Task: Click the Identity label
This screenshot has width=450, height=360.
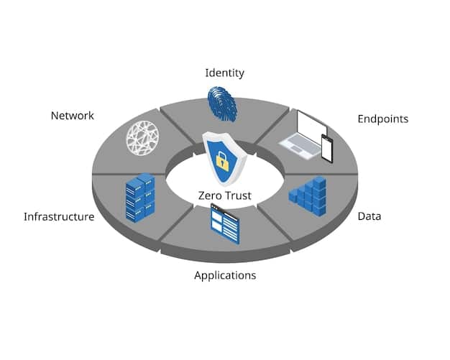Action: [224, 73]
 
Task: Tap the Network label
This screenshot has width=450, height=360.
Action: [72, 116]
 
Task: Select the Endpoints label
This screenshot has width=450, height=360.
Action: [382, 119]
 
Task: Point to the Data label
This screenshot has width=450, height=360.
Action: [369, 216]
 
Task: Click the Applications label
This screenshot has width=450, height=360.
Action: [224, 275]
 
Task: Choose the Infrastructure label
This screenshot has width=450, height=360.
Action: [59, 216]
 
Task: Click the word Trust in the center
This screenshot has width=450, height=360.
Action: [239, 195]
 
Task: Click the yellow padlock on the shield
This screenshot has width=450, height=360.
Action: [224, 162]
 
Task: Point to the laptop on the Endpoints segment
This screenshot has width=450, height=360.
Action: [302, 133]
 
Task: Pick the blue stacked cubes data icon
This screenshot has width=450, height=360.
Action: [309, 195]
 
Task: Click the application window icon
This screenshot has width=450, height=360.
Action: [224, 223]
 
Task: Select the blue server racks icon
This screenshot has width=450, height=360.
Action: [140, 197]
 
